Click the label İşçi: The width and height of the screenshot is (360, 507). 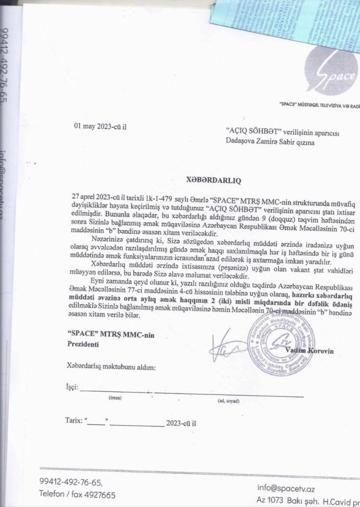pyautogui.click(x=72, y=388)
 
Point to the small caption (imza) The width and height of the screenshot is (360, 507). pyautogui.click(x=115, y=398)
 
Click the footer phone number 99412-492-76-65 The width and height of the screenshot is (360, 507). pyautogui.click(x=71, y=482)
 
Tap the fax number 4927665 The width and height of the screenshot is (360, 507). pyautogui.click(x=99, y=495)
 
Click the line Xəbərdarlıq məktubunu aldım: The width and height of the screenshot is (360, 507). pyautogui.click(x=111, y=367)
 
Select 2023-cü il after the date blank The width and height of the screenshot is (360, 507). pyautogui.click(x=181, y=422)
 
